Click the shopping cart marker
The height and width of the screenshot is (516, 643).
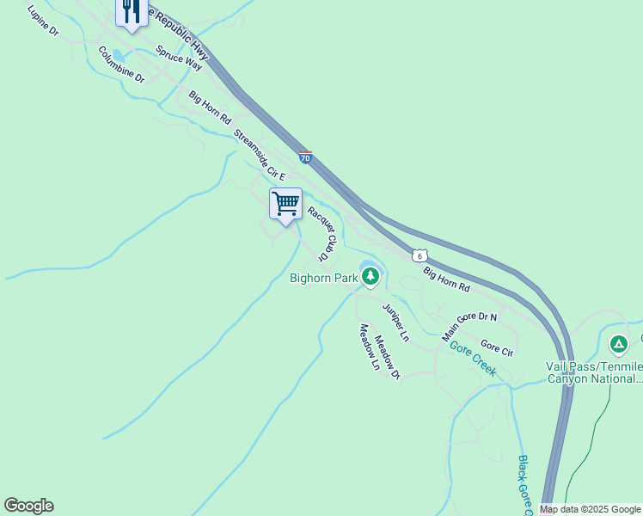[x=285, y=205]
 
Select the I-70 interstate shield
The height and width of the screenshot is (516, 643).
[x=306, y=157]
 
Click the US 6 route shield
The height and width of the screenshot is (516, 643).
[x=419, y=255]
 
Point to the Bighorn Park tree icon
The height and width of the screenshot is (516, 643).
[x=370, y=277]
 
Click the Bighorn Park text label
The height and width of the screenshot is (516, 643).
[x=323, y=278]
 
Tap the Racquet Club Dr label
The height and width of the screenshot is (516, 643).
[x=319, y=233]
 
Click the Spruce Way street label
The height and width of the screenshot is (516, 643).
[x=179, y=58]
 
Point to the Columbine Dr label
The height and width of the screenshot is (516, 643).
[x=121, y=64]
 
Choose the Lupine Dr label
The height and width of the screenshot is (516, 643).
[x=42, y=21]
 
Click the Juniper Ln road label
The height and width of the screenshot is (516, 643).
[x=395, y=319]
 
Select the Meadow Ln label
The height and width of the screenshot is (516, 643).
[x=370, y=347]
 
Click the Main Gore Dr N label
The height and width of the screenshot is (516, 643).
[x=470, y=326]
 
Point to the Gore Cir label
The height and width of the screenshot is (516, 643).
[x=497, y=347]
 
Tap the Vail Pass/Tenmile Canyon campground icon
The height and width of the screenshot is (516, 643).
[x=617, y=345]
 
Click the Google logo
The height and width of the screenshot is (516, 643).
[x=28, y=506]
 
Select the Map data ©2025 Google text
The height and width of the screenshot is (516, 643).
[x=590, y=509]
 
